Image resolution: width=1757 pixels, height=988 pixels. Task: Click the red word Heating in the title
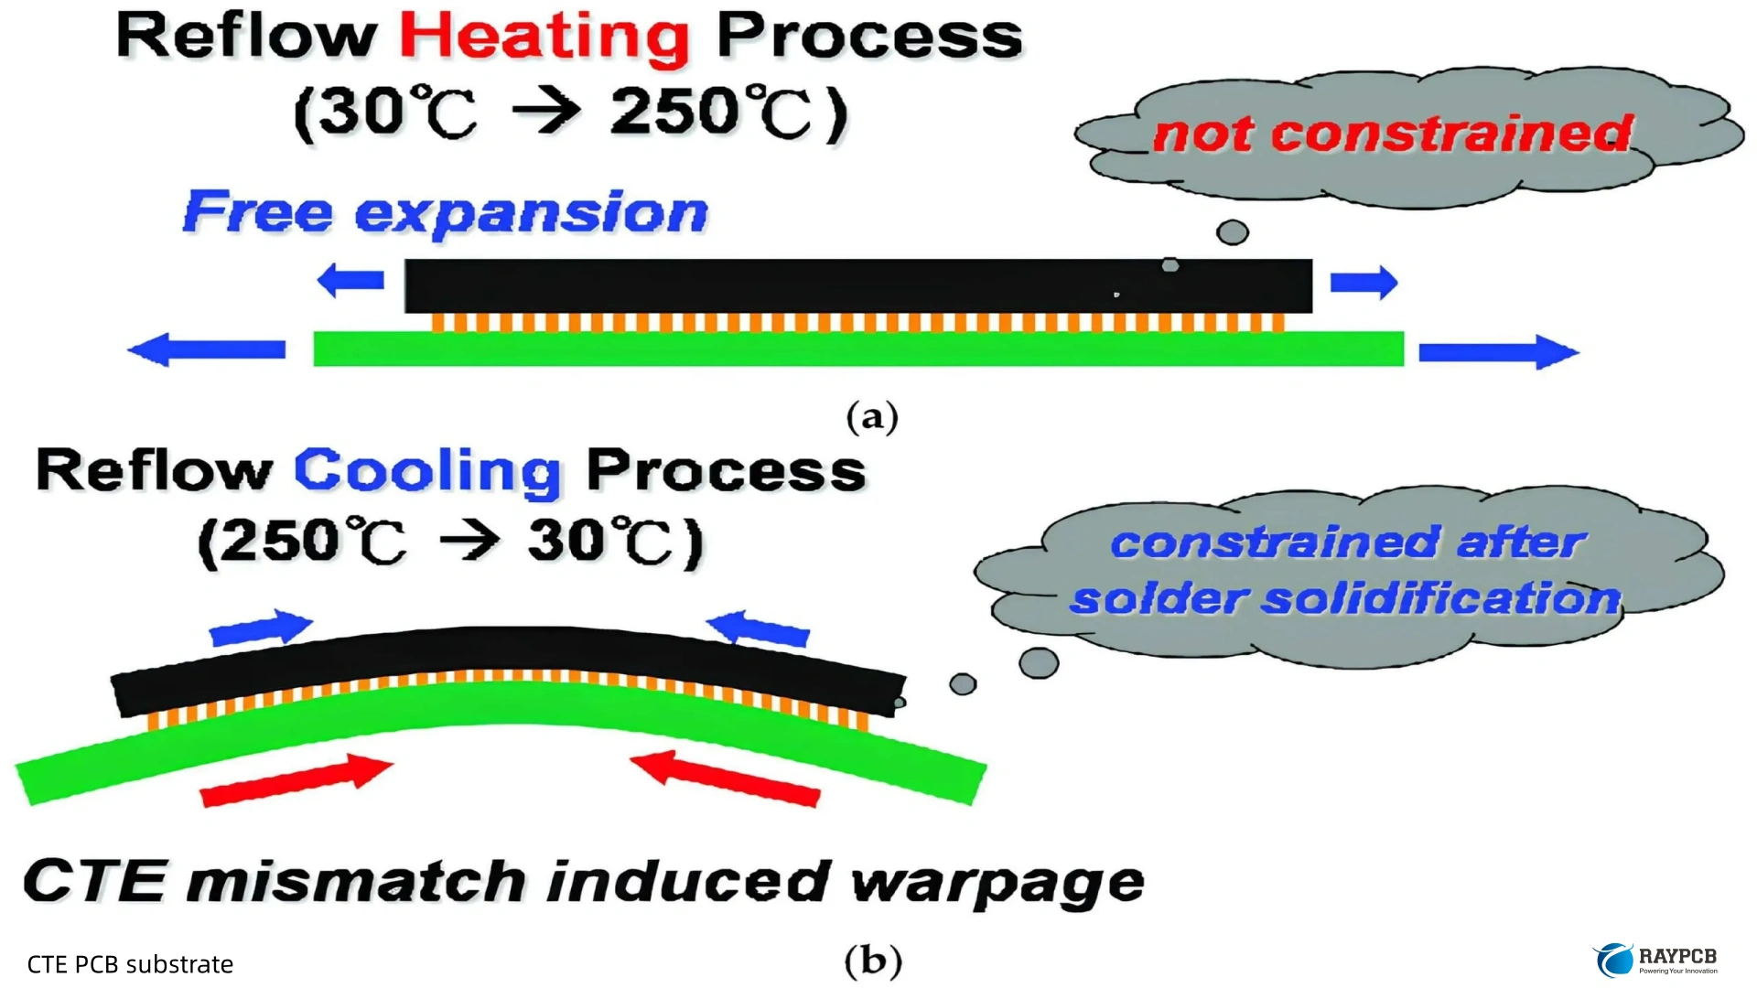544,38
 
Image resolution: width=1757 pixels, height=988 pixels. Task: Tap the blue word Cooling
426,472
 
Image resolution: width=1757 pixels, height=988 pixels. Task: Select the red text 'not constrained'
1392,134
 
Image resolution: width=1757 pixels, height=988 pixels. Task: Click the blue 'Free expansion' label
446,213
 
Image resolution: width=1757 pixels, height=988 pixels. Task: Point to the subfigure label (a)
872,417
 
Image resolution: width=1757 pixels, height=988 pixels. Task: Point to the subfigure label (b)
872,961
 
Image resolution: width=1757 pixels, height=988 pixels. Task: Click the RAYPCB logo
1656,961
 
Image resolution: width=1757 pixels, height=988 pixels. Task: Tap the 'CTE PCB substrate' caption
130,964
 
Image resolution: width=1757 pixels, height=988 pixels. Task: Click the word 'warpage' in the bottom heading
997,882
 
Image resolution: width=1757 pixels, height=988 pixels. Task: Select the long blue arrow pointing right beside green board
1498,351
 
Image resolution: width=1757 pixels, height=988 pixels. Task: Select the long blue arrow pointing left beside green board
207,349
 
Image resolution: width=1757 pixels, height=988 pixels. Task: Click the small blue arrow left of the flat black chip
350,281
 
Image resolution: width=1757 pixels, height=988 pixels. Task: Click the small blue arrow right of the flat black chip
1364,283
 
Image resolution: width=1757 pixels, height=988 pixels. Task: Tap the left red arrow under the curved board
296,780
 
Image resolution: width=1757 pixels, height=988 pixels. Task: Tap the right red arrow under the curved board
725,779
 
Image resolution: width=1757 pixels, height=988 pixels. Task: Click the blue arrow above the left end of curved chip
261,628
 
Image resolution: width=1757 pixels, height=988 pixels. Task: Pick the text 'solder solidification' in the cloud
1345,599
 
